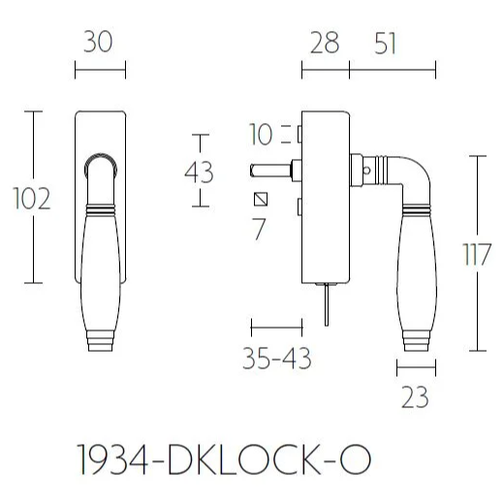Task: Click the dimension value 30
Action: [x=100, y=45]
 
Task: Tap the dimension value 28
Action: [x=325, y=45]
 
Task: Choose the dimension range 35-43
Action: [x=277, y=359]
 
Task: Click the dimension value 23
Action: [x=414, y=397]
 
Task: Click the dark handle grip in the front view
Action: [x=100, y=258]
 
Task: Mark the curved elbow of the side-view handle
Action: [x=407, y=174]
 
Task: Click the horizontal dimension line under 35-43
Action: [x=277, y=324]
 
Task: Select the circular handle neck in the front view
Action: [x=100, y=169]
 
